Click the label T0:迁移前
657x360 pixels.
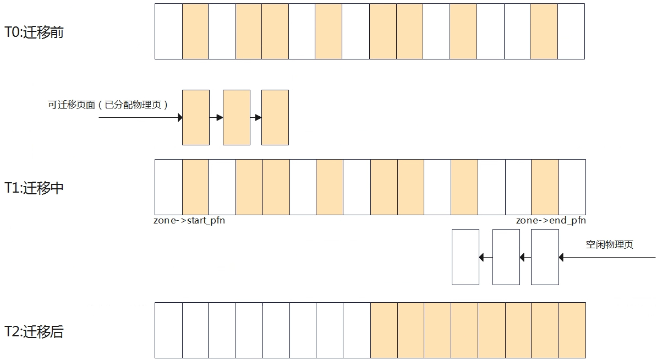[x=34, y=32]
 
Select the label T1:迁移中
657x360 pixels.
[x=34, y=188]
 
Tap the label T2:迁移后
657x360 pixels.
[x=34, y=331]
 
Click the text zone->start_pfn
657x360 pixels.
[x=189, y=220]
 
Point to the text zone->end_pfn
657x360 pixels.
[x=551, y=220]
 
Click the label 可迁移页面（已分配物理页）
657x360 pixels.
[x=108, y=105]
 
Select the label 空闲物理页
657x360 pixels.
[x=609, y=244]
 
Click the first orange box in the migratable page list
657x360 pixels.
[x=196, y=117]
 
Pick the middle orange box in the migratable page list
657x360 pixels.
[x=236, y=117]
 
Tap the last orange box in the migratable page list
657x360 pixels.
[x=275, y=117]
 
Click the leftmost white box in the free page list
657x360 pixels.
[x=466, y=257]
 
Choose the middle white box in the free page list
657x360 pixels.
[x=506, y=257]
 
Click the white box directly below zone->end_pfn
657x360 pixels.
[x=545, y=257]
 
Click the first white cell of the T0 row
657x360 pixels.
[x=168, y=31]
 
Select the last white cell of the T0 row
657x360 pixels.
[x=571, y=31]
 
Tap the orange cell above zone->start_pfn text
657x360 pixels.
[x=195, y=187]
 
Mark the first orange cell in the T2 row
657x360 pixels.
[x=384, y=330]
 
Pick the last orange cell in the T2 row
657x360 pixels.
[x=572, y=330]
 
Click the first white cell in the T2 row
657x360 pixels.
[x=168, y=330]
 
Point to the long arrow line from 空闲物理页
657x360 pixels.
[x=607, y=257]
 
